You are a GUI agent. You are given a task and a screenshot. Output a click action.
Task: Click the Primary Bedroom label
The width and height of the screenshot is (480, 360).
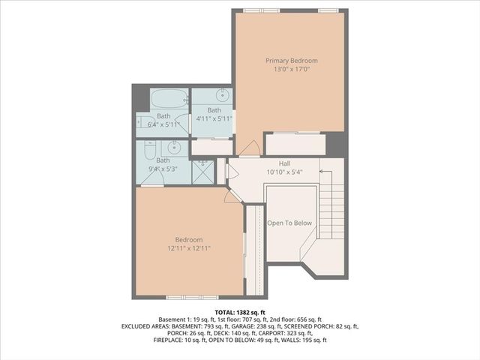point(292,61)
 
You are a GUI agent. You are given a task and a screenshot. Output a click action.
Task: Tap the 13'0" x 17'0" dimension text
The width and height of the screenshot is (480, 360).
point(292,69)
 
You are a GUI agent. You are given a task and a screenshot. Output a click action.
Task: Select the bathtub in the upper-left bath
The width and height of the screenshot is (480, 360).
point(169,100)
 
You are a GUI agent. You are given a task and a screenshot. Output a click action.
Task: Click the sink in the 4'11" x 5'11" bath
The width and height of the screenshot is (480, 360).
point(222,95)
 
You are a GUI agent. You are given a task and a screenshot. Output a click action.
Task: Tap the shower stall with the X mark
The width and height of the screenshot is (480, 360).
point(203,172)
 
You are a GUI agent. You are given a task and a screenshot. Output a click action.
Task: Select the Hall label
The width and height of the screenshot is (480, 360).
point(284,163)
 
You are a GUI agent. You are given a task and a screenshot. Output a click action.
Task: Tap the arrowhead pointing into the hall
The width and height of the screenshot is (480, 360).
point(321,172)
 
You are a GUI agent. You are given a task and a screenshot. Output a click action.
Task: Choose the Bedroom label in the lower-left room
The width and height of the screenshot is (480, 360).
point(189,239)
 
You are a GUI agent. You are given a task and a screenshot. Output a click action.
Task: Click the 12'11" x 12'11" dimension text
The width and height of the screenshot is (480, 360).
point(189,248)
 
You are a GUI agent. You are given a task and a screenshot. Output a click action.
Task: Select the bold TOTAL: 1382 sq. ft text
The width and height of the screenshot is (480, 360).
point(240,311)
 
